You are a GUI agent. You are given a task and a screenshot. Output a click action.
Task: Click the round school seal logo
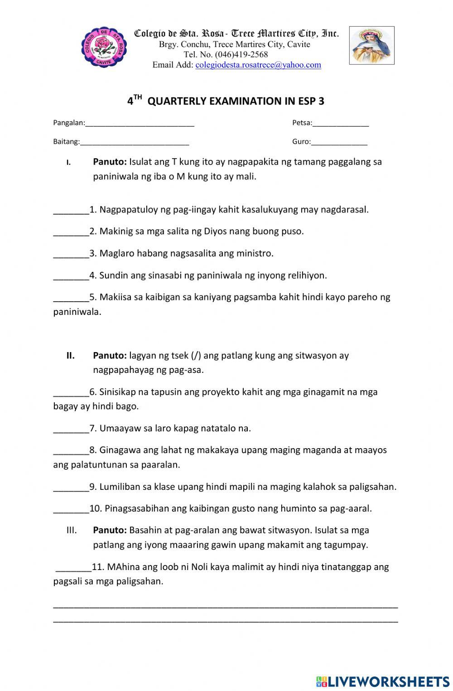pos(104,47)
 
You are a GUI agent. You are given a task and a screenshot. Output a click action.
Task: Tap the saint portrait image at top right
pos(371,45)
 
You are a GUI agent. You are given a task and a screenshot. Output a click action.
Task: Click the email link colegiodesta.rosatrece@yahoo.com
pos(258,65)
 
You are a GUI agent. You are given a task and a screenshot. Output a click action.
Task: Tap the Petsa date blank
pos(340,123)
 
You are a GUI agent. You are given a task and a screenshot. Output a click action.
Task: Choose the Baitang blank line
pos(134,142)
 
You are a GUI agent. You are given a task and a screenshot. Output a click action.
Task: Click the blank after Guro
pos(339,142)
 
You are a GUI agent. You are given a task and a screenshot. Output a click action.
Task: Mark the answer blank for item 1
pos(71,210)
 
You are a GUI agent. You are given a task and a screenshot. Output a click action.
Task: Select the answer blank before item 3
pos(71,254)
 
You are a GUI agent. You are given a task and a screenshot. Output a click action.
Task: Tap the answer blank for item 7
pos(71,429)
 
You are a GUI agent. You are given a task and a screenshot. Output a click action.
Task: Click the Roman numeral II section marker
pos(71,355)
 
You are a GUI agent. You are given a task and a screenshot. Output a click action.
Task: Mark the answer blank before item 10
pos(71,509)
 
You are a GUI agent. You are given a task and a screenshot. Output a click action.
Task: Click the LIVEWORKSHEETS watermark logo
pos(383,681)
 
